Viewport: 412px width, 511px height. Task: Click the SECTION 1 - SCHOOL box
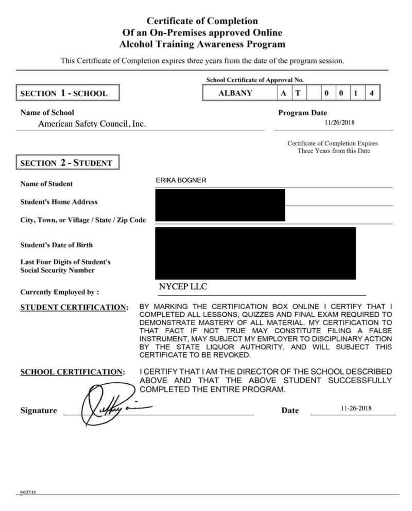tap(68, 93)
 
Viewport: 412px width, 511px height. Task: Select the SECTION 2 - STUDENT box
tap(67, 163)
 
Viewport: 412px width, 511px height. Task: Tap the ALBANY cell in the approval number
tap(235, 93)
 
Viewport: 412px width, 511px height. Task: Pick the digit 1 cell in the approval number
tap(356, 93)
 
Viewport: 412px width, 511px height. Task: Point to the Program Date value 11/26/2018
tap(340, 123)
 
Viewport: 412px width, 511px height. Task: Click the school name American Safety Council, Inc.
tap(92, 124)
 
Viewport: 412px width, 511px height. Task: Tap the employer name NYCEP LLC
tap(183, 287)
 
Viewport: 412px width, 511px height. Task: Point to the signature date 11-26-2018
tap(356, 408)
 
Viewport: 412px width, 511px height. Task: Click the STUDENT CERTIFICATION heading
tap(74, 308)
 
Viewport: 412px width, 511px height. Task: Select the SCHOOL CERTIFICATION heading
tap(72, 372)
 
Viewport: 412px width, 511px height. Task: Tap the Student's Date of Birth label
tap(57, 245)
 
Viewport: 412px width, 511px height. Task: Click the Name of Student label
tap(46, 184)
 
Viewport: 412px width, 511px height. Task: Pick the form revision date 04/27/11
tap(28, 492)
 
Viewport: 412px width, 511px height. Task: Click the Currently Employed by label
tap(60, 292)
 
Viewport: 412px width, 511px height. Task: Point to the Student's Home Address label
tap(59, 202)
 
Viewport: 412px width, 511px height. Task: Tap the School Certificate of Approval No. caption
tap(255, 80)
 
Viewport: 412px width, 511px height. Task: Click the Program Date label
tap(302, 113)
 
